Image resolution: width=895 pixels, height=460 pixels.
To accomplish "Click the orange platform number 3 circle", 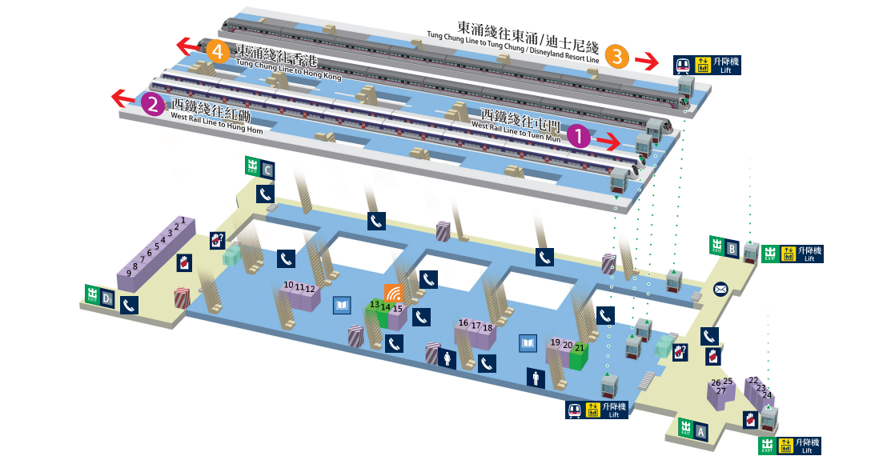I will click(616, 56).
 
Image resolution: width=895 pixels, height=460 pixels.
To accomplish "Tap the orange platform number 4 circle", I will click(217, 51).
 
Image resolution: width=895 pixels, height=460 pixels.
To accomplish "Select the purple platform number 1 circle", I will click(578, 136).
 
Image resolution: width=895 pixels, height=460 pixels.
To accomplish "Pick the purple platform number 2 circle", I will click(152, 103).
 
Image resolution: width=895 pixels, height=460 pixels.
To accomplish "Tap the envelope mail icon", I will click(720, 289).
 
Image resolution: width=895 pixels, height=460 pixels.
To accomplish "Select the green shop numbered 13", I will click(374, 312).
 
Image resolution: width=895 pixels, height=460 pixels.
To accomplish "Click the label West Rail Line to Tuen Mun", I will click(516, 131).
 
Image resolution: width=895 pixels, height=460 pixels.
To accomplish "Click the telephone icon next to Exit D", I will click(129, 304).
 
